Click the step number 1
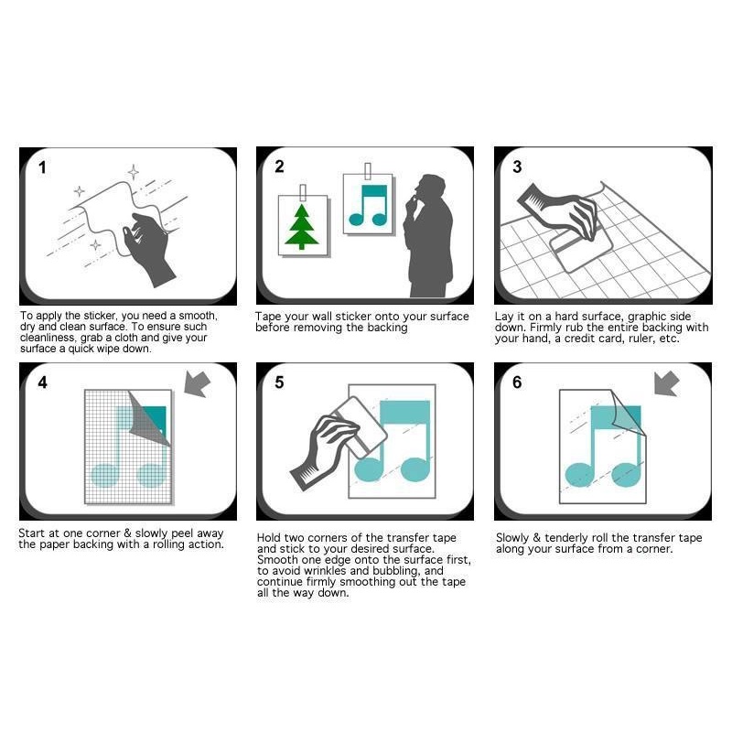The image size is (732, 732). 42,167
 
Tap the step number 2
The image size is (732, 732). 279,167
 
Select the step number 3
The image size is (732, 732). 517,167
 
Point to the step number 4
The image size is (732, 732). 42,382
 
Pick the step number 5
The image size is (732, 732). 279,382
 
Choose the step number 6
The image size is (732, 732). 517,382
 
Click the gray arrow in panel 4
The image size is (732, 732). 197,383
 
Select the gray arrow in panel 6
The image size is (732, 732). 667,383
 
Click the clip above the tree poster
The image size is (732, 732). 303,193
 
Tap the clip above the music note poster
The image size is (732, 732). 368,171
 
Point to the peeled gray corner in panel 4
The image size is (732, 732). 147,420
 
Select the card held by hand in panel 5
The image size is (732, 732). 361,427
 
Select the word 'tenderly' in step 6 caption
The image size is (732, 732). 565,538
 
